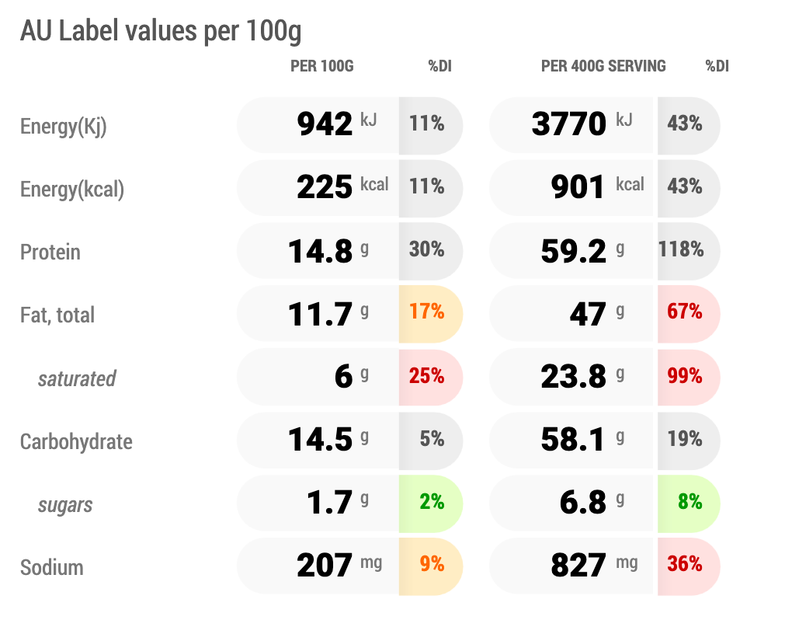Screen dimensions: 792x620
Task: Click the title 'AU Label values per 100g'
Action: [161, 31]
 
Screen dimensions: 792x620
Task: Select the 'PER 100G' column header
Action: [321, 66]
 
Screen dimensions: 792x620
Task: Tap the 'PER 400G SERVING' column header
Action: [603, 66]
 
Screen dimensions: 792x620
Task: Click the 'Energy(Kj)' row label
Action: [63, 127]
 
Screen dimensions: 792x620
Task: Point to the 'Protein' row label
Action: [50, 252]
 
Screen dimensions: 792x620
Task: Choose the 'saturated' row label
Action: [77, 378]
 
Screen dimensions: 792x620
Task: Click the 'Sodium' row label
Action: [51, 567]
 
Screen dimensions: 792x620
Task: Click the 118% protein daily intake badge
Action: [681, 249]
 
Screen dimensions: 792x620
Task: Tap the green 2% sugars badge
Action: [432, 502]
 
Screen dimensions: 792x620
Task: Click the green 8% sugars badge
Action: [690, 502]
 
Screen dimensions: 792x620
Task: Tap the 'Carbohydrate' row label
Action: [76, 441]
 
